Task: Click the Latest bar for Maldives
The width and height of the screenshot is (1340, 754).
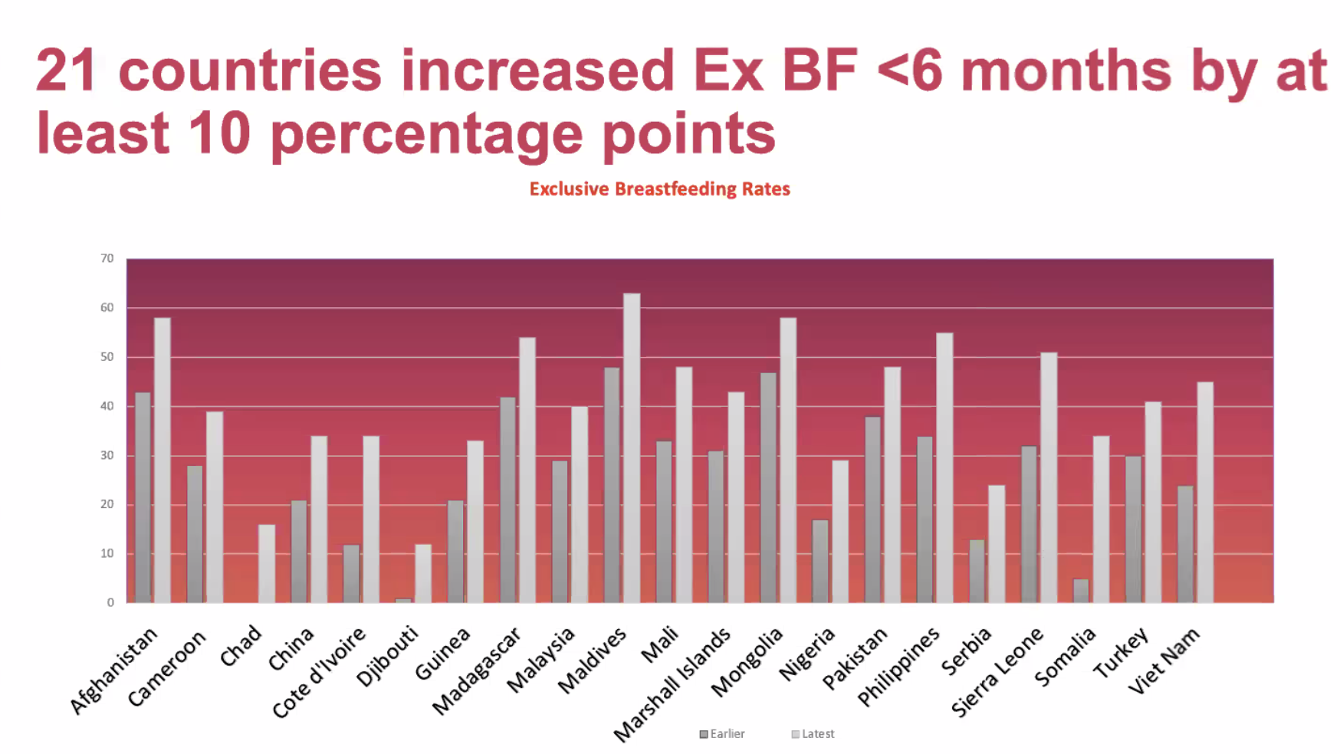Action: (632, 448)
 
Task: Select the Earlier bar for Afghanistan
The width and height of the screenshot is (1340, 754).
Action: (143, 497)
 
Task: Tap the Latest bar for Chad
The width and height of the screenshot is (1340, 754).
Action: (267, 563)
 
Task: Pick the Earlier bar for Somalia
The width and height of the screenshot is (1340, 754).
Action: (1081, 591)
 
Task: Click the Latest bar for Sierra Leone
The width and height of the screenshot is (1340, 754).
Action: (1049, 477)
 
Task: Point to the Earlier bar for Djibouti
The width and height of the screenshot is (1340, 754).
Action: (403, 600)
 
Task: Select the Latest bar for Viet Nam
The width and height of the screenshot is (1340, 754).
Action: (1205, 492)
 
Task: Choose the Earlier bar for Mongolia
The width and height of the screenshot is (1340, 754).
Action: (768, 487)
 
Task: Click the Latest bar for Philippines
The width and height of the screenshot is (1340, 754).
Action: (944, 467)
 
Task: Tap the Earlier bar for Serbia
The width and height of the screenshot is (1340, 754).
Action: (977, 571)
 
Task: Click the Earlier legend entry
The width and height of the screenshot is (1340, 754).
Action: (722, 734)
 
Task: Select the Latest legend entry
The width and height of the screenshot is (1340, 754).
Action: (813, 734)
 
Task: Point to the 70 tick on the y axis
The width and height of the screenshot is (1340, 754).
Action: (107, 259)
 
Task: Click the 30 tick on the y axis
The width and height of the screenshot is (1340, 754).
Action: (107, 455)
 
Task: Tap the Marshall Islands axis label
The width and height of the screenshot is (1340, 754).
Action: (673, 685)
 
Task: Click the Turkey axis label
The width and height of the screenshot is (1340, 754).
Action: (1121, 653)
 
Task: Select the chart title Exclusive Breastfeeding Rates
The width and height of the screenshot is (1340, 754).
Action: (659, 189)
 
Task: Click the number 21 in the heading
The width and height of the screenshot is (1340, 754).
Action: (66, 70)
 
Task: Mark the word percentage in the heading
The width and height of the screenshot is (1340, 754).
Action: (427, 133)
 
